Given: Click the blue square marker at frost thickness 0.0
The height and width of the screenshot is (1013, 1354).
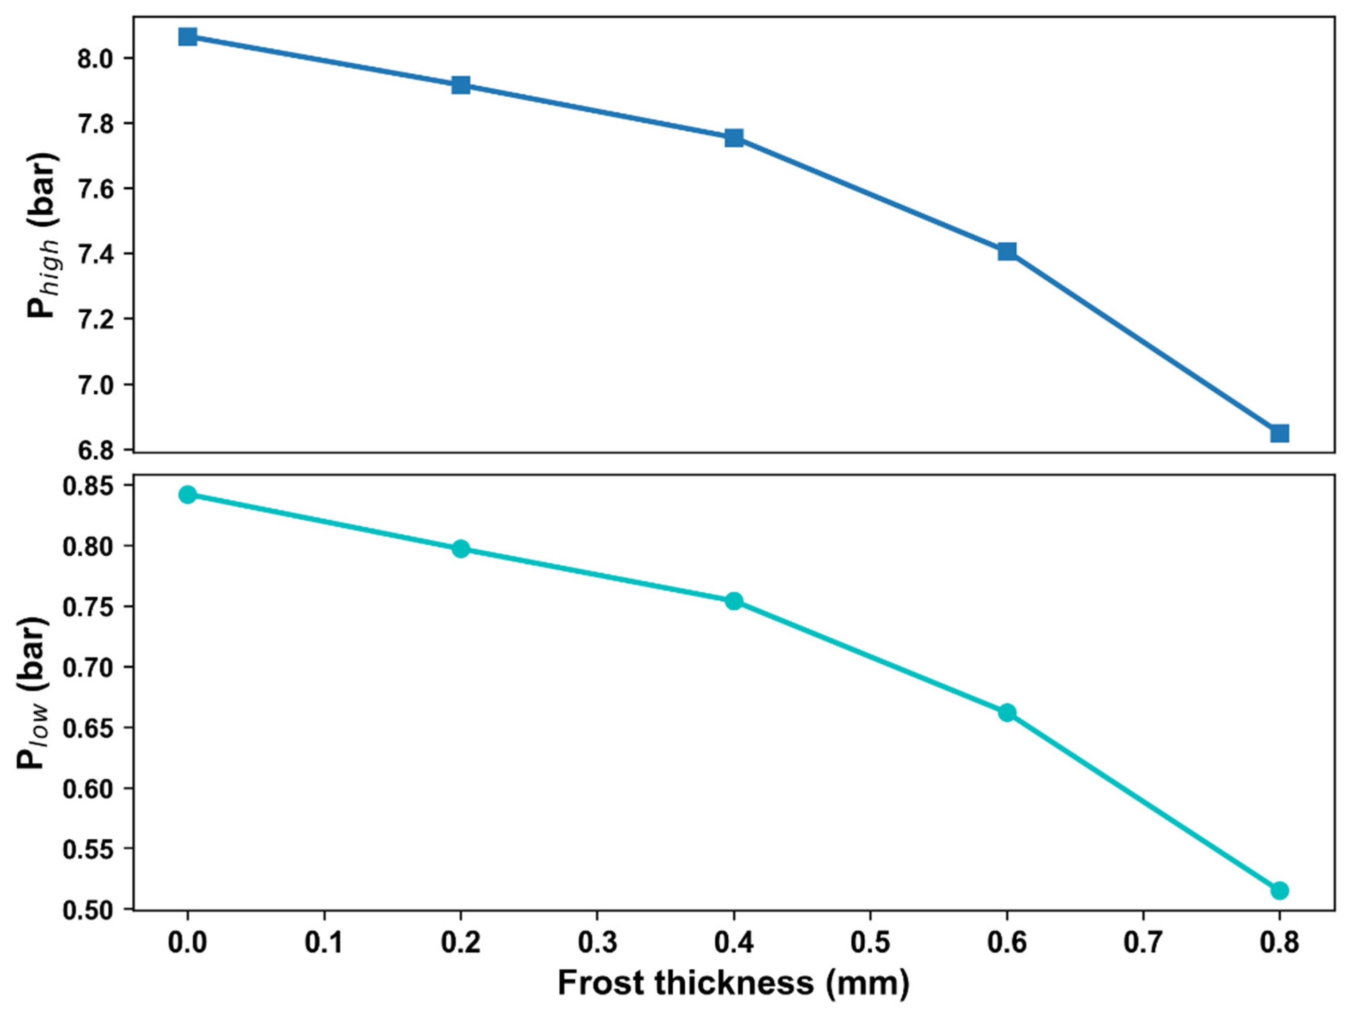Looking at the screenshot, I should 188,37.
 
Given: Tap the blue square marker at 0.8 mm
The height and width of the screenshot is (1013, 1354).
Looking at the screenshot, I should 1279,434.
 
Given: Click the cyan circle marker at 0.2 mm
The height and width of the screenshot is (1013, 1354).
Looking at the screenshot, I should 461,548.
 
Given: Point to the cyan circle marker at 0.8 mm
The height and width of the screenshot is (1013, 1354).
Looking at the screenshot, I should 1279,890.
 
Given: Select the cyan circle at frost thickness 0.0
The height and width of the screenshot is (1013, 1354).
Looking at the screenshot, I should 188,495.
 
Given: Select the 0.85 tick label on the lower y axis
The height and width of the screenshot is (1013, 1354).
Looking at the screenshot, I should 89,486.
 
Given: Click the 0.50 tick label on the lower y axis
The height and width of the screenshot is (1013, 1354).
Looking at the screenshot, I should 89,910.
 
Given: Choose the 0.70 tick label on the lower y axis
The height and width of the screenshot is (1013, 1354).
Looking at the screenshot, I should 89,667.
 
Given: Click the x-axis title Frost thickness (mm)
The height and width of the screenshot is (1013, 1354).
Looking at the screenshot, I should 733,983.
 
